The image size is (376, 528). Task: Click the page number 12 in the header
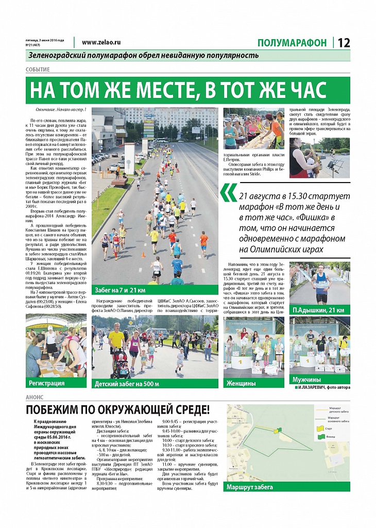click(344, 43)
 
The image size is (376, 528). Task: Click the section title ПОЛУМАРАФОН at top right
click(292, 43)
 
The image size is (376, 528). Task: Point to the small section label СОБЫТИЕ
click(38, 70)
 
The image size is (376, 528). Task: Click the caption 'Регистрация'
click(47, 383)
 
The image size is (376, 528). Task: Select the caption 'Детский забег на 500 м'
click(127, 384)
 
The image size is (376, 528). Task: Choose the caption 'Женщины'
click(241, 383)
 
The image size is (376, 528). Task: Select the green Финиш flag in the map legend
click(320, 437)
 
